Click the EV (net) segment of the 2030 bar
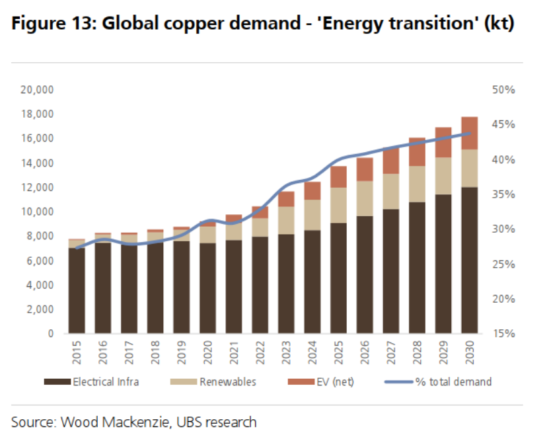[x=470, y=132]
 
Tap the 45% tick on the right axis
[x=506, y=124]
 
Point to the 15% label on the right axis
[x=506, y=334]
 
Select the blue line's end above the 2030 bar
[x=470, y=133]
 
